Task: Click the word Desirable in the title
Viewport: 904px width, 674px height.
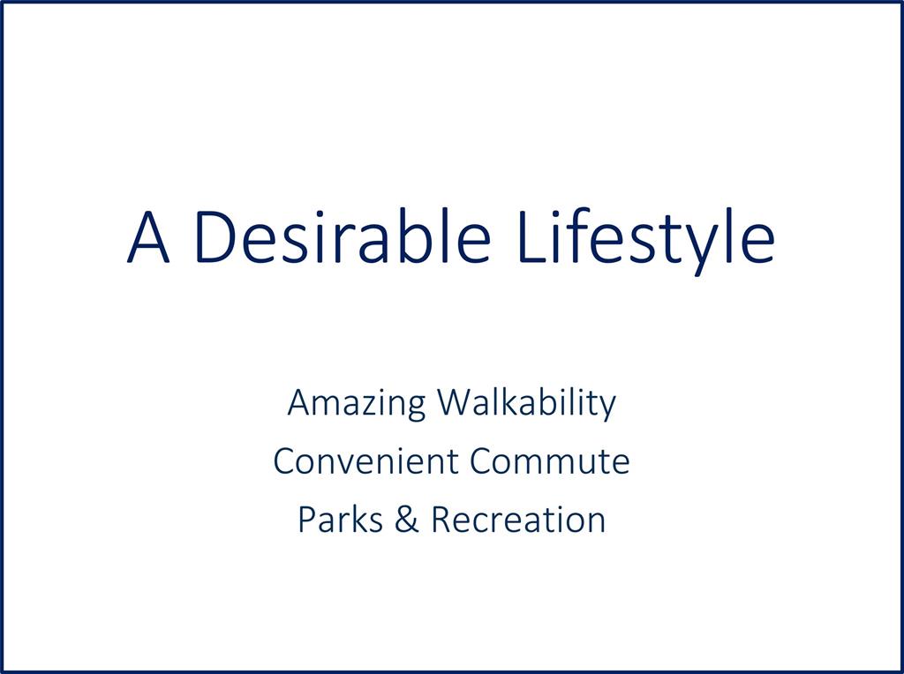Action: point(343,236)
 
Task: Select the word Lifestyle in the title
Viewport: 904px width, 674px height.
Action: point(647,242)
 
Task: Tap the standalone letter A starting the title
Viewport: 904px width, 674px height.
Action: point(148,236)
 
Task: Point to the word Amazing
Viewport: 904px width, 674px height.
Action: point(357,404)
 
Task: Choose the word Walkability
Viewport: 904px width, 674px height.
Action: point(527,404)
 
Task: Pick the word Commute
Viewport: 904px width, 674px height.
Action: point(549,461)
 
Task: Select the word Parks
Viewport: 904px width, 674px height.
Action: point(340,519)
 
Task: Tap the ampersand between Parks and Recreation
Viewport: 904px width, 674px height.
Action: point(407,519)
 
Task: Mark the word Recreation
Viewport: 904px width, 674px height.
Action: point(518,519)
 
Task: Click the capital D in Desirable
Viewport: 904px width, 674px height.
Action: point(216,236)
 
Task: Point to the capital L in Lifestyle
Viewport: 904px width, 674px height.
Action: point(532,236)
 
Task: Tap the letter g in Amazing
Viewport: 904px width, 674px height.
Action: point(416,410)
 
